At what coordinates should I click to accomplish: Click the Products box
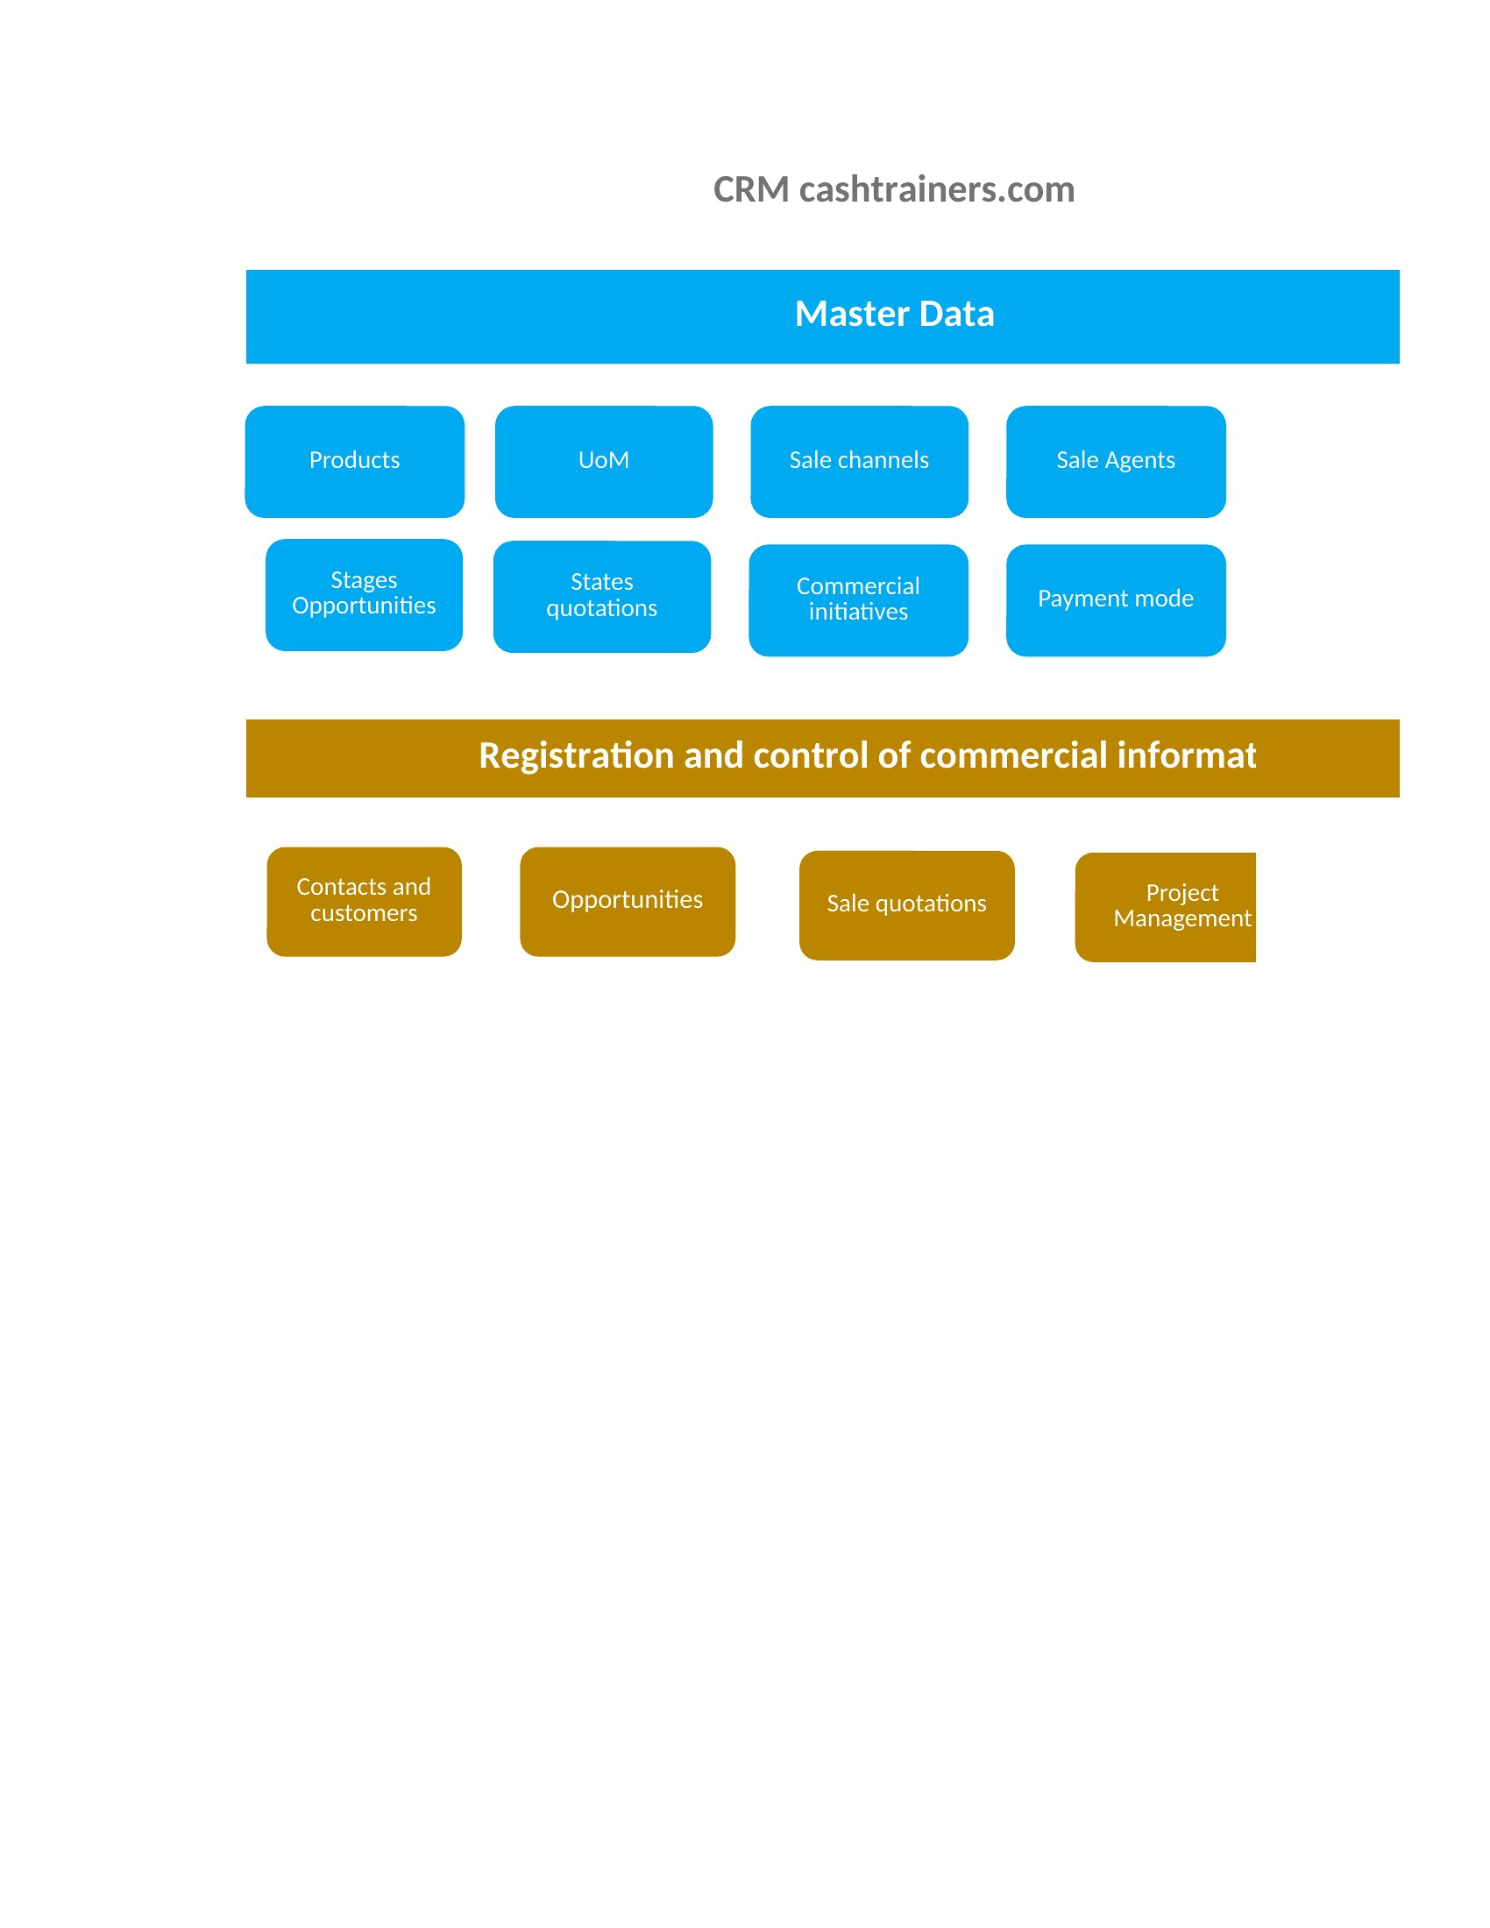coord(355,462)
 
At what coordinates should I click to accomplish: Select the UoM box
coord(604,462)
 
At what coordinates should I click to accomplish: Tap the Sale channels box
coord(859,462)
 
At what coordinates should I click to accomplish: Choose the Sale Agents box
coord(1116,462)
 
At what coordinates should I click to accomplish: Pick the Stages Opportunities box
coord(364,595)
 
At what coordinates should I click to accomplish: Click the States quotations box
coord(602,597)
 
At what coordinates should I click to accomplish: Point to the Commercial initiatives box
coord(858,600)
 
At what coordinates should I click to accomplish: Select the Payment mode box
coord(1116,600)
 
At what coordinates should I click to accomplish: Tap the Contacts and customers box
coord(364,902)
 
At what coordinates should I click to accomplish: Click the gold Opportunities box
coord(628,902)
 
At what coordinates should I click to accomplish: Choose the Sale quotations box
coord(906,906)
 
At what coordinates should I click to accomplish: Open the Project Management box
coord(1165,908)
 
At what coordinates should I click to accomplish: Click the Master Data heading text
coord(894,315)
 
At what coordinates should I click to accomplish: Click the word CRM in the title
coord(751,190)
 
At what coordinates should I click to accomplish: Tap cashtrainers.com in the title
coord(937,190)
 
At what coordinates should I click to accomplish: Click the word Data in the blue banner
coord(957,315)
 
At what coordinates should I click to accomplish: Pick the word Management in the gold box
coord(1182,919)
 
